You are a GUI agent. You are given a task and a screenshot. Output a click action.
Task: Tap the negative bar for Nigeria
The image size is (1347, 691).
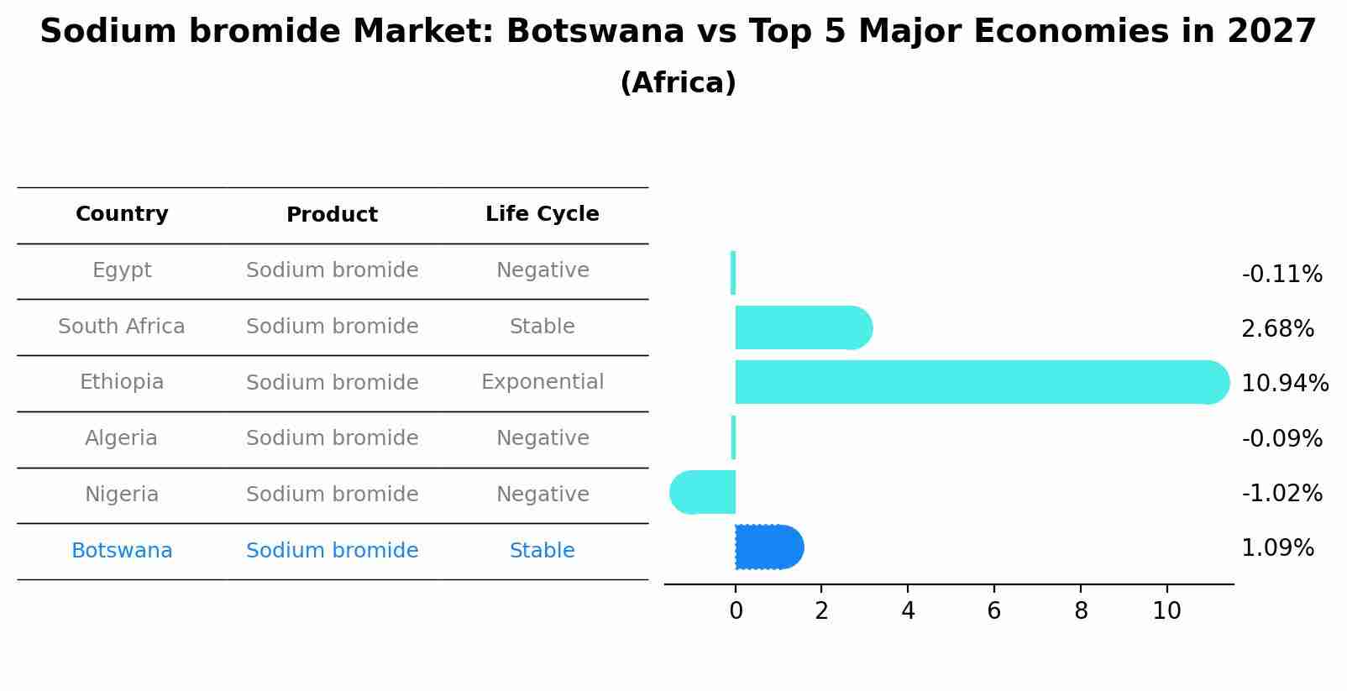point(704,492)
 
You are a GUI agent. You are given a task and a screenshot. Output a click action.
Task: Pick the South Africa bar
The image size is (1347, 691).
point(803,327)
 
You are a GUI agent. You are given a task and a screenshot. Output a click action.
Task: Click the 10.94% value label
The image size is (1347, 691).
point(1284,384)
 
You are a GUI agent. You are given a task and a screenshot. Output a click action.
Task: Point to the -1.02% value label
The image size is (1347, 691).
point(1281,494)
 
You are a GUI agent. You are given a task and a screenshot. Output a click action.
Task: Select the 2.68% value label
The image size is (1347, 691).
point(1277,329)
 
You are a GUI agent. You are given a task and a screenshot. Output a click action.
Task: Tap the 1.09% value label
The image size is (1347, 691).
point(1277,549)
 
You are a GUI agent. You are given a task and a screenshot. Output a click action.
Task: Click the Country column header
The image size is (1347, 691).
point(122,214)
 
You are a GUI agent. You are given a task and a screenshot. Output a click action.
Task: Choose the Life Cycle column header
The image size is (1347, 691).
point(542,214)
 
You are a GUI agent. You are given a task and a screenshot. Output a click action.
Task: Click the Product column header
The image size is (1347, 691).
point(332,215)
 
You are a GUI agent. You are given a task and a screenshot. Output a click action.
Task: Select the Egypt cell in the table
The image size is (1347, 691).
point(122,270)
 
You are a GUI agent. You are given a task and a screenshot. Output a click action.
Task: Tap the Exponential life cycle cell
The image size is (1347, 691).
point(542,382)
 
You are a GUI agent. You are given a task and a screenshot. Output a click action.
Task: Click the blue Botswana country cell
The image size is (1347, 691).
point(122,551)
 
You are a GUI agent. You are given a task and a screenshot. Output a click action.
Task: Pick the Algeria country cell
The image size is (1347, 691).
point(121,438)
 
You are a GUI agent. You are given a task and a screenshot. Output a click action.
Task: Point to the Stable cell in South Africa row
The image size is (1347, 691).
point(542,327)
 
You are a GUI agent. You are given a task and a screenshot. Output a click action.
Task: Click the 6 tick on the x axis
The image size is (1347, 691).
point(993,611)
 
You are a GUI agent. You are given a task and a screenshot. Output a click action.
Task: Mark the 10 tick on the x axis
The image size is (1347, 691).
point(1166,611)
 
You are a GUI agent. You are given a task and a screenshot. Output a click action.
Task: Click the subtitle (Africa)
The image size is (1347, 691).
point(678,83)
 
